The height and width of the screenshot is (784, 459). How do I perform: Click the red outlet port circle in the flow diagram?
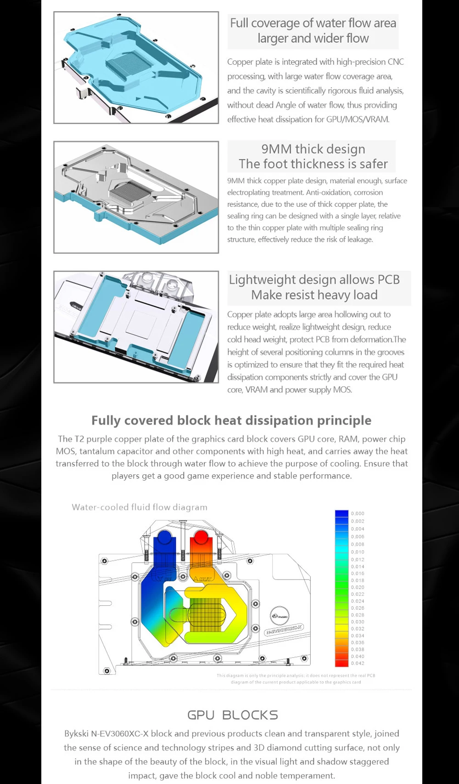[x=201, y=538]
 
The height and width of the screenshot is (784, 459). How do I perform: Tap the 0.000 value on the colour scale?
[x=358, y=513]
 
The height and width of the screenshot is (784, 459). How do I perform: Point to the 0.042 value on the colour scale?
[x=358, y=663]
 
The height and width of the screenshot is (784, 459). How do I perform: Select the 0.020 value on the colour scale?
[x=358, y=587]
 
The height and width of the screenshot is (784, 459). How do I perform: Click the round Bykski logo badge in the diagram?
[x=280, y=615]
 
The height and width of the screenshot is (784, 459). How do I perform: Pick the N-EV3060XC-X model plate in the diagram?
[x=285, y=629]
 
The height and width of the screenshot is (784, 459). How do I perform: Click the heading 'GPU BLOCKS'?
[x=233, y=715]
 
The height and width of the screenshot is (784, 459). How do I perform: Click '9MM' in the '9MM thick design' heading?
[x=276, y=149]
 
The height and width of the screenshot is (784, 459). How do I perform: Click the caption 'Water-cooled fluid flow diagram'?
[x=140, y=507]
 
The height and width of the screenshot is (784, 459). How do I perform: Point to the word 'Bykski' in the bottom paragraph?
[x=76, y=733]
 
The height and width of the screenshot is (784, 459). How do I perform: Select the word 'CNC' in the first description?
[x=396, y=62]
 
